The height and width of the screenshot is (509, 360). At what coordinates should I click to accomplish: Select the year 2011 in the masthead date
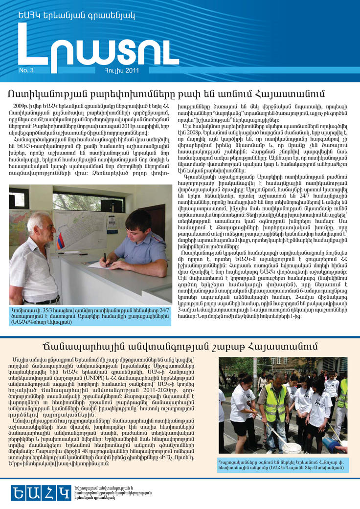(x=131, y=70)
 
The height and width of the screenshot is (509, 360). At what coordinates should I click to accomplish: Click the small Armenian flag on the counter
(x=60, y=241)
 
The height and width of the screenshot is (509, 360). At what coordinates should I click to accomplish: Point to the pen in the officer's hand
(x=104, y=257)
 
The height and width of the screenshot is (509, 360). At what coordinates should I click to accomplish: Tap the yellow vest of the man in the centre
(x=275, y=402)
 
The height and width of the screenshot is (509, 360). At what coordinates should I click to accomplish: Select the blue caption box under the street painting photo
(x=283, y=465)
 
